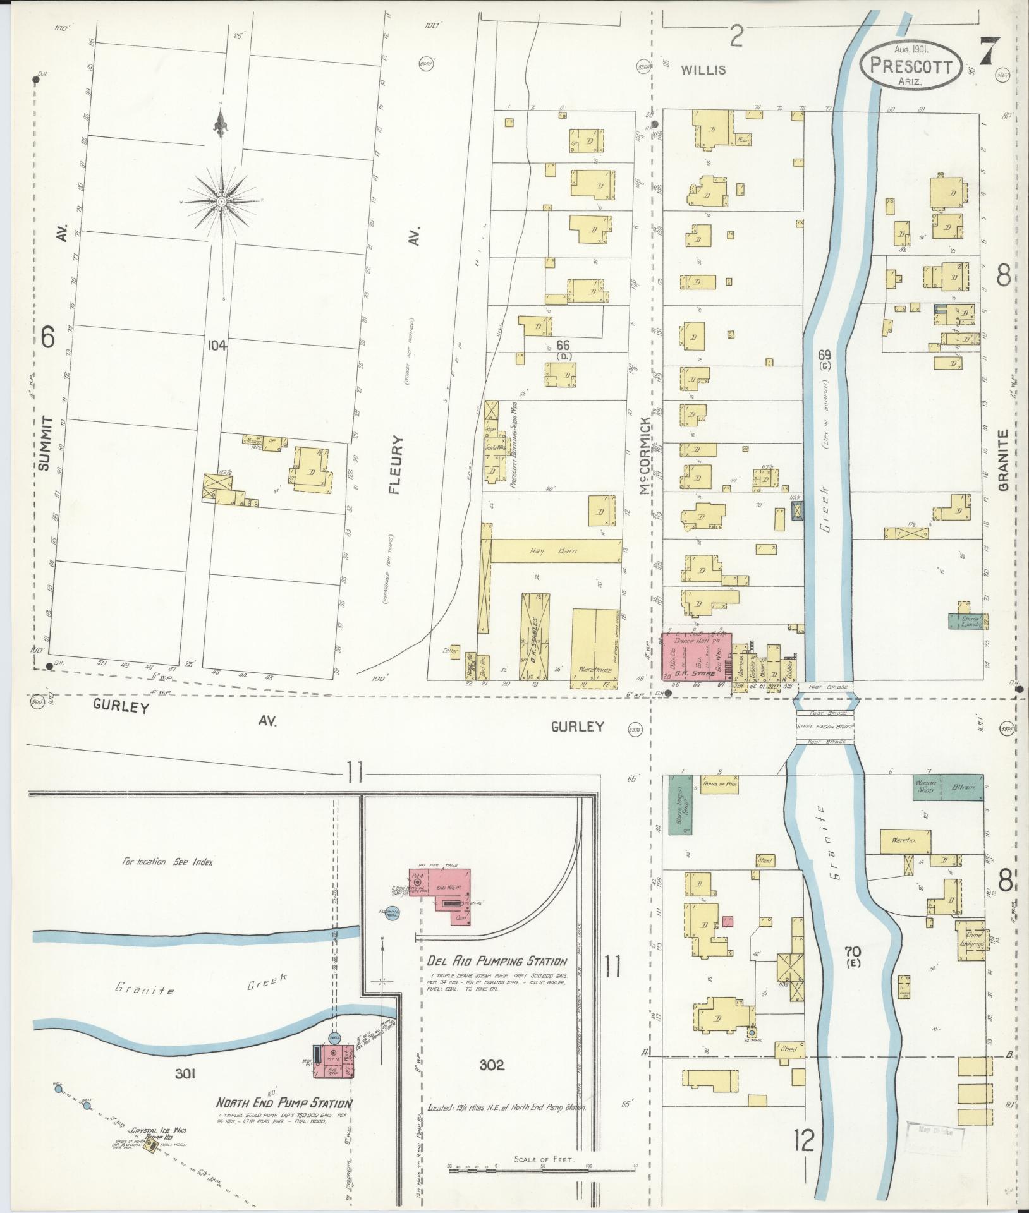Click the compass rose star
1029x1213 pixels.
222,201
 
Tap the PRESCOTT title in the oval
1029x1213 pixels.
910,65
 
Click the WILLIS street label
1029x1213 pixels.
703,70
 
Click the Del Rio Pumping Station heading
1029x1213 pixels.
496,979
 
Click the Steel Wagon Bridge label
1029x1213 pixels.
824,727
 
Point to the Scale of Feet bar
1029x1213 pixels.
544,1171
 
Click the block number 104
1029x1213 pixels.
216,345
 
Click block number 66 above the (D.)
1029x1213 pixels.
563,345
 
